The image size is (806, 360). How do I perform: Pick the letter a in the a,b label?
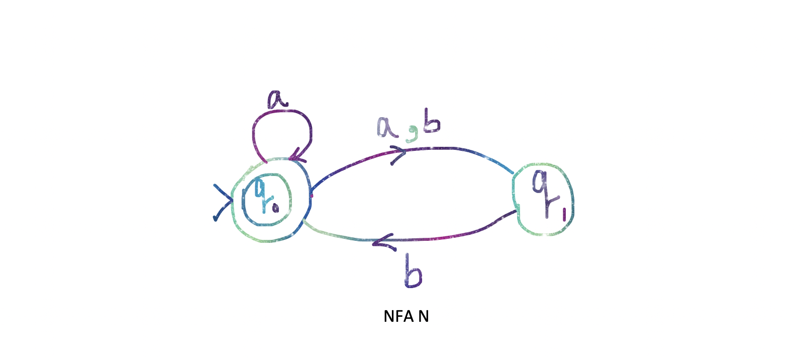coord(387,128)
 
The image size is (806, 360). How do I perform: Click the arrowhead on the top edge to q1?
coord(399,154)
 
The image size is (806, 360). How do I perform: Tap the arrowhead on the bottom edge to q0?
coord(382,243)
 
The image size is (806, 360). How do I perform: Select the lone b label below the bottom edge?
coord(413,272)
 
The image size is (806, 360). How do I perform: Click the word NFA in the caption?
coord(398,316)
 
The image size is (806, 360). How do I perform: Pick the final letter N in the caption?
coord(424,316)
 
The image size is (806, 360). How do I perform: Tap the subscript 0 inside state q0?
coord(275,208)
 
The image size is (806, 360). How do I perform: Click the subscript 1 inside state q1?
coord(564,215)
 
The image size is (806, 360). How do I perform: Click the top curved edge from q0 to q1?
coord(452,149)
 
